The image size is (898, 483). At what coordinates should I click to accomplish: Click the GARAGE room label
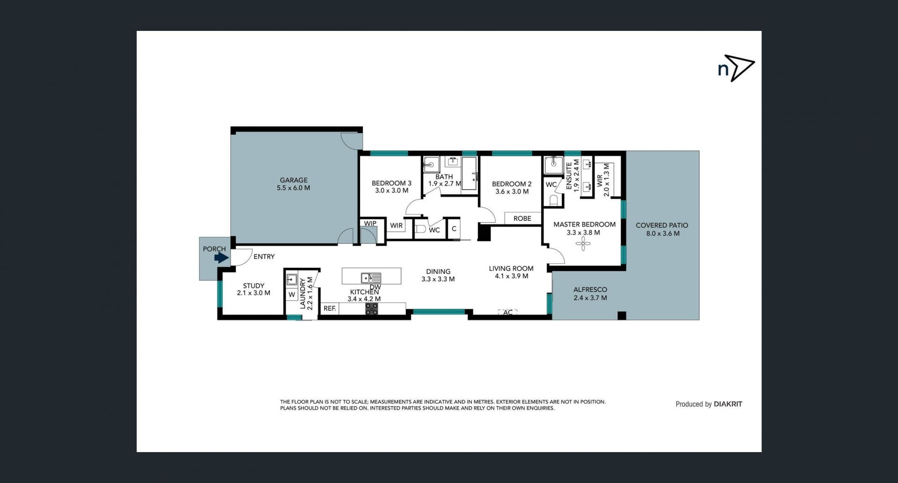[294, 180]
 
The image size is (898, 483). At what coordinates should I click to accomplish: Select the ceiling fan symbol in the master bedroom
[583, 243]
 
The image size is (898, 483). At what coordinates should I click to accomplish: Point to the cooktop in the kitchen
[372, 309]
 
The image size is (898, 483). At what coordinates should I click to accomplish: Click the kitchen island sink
[371, 278]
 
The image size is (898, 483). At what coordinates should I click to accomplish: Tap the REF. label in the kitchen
[330, 308]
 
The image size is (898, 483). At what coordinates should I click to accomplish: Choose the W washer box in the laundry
[292, 294]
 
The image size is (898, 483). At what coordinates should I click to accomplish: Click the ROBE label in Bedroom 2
[522, 219]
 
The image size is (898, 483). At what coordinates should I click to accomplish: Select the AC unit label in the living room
[508, 313]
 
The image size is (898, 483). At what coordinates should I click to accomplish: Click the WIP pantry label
[370, 223]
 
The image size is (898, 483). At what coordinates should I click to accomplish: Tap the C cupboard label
[454, 229]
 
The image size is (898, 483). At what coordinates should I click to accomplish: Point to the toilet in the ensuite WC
[554, 200]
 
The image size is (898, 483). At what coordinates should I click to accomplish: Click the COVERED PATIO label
[662, 225]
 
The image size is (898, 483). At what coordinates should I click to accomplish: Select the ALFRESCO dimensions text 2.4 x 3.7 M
[590, 298]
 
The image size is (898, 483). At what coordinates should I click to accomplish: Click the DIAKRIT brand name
[728, 404]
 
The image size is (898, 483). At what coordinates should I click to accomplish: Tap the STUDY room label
[253, 285]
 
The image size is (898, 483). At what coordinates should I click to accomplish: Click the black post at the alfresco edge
[622, 315]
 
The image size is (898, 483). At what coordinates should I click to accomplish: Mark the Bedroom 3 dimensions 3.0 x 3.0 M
[391, 190]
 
